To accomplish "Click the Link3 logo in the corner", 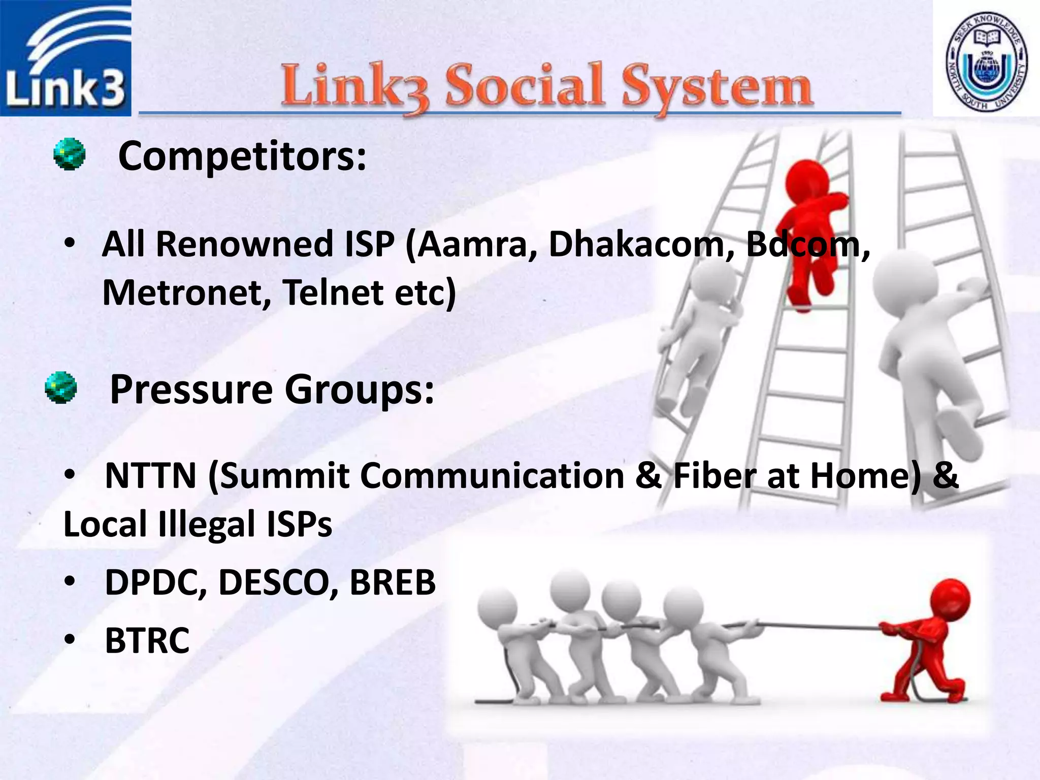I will click(66, 58).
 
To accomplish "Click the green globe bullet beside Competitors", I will click(70, 154).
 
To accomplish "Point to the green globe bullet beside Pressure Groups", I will click(61, 387).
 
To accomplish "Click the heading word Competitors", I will click(242, 156).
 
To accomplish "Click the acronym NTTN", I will click(151, 476).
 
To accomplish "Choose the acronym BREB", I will click(392, 582).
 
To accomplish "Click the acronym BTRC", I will click(147, 640).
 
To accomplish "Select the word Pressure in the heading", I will click(191, 389).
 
